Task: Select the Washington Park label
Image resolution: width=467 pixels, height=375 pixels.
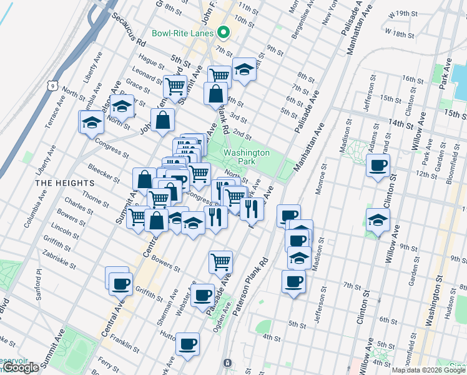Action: pos(247,157)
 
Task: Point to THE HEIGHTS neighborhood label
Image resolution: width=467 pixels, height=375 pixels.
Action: pos(64,183)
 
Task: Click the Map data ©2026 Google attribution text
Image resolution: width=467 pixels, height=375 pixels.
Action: pos(428,370)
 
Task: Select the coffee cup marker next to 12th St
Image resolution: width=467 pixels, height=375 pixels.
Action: pos(378,166)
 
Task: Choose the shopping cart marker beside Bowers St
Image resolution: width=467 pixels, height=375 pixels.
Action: pos(220,261)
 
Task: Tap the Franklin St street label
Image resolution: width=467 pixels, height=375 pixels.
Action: pos(124,340)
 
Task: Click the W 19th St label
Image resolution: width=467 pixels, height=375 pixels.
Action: pos(401,14)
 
